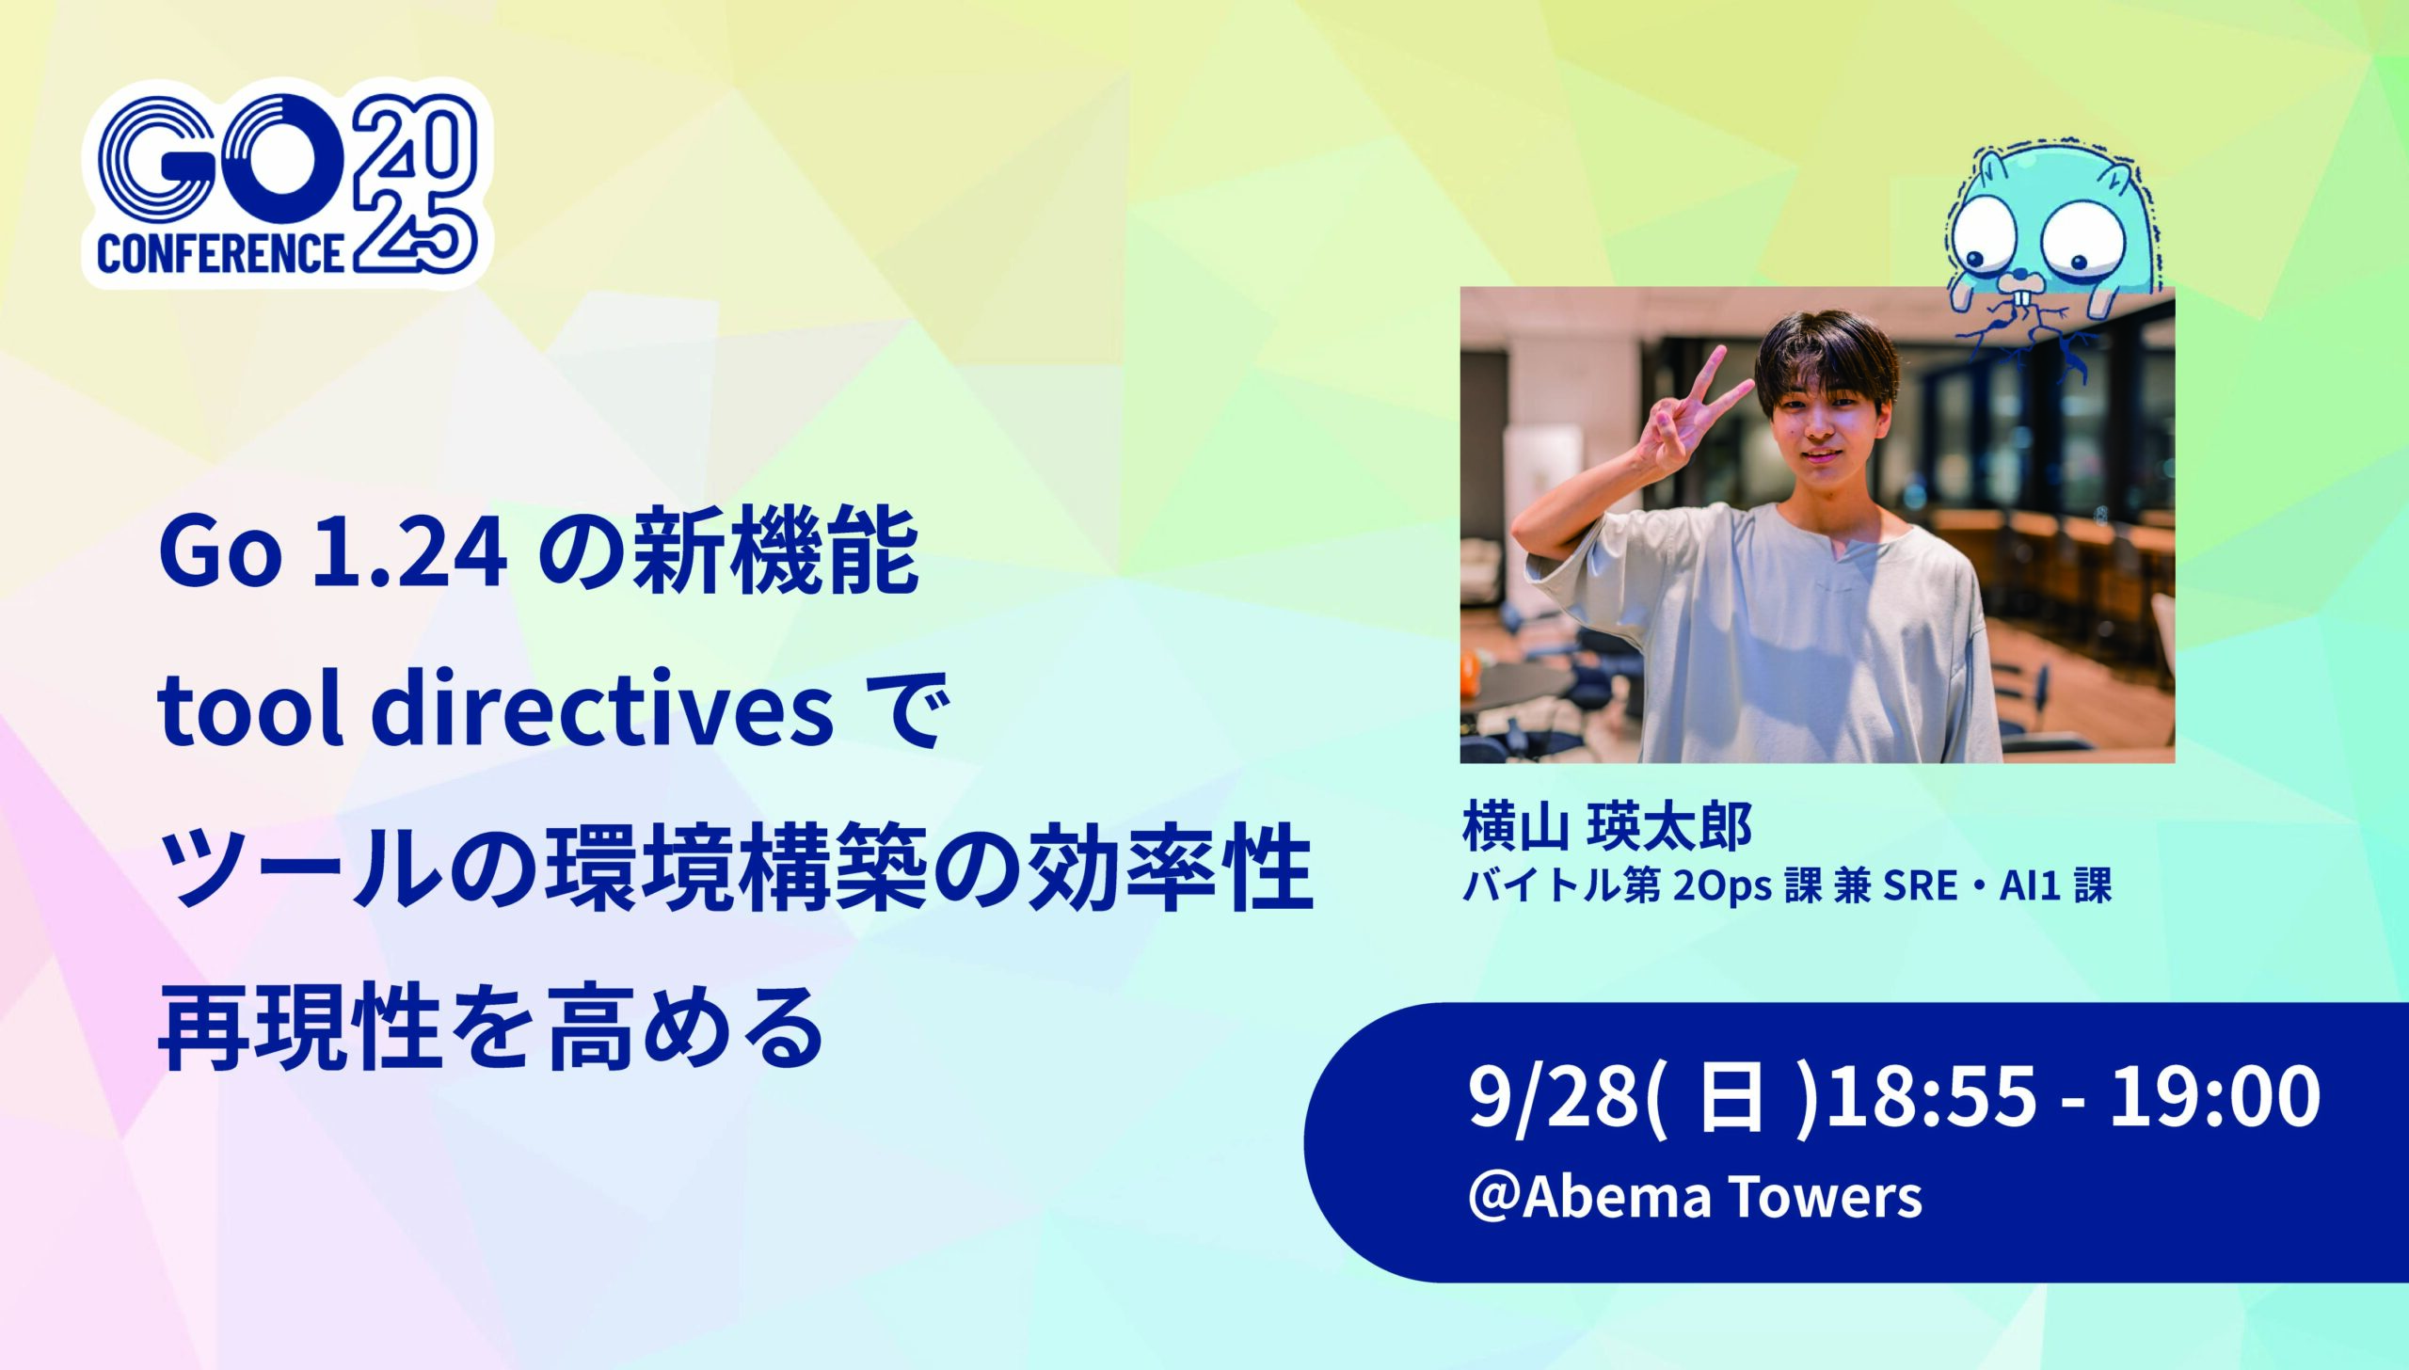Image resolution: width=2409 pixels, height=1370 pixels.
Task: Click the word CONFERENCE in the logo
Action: pyautogui.click(x=220, y=252)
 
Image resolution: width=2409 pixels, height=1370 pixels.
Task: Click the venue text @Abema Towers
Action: pyautogui.click(x=1695, y=1198)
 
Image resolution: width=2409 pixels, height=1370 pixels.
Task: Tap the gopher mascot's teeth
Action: pyautogui.click(x=2021, y=302)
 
